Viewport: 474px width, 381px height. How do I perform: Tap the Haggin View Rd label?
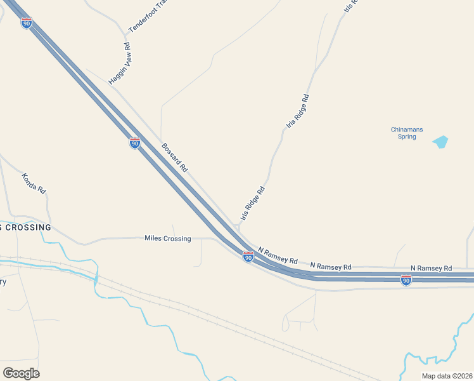pos(119,64)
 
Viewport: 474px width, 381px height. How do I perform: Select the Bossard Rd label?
pos(175,158)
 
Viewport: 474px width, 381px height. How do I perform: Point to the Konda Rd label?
pos(34,184)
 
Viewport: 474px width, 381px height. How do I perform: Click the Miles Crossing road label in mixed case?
pos(168,238)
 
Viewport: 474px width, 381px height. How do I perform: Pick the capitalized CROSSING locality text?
pos(25,227)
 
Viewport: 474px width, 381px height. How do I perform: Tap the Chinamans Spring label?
pos(407,133)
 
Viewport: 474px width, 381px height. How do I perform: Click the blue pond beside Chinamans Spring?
pos(440,142)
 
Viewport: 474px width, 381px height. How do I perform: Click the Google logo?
pos(21,373)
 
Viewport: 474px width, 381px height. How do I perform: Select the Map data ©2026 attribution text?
pos(447,375)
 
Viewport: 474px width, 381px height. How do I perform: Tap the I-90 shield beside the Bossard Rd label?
pos(134,143)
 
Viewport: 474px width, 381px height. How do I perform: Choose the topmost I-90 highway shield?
pos(26,23)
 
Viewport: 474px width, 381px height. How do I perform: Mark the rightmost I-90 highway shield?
pos(406,280)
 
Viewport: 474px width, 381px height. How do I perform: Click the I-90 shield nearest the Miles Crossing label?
pos(248,257)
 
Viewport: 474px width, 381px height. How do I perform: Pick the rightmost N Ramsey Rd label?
pos(431,269)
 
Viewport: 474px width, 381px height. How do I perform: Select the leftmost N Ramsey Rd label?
pos(278,256)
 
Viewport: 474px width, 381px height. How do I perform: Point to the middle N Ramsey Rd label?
pos(331,265)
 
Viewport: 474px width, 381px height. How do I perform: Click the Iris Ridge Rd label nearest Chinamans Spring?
pos(297,112)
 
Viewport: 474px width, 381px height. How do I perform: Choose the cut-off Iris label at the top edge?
pos(350,7)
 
